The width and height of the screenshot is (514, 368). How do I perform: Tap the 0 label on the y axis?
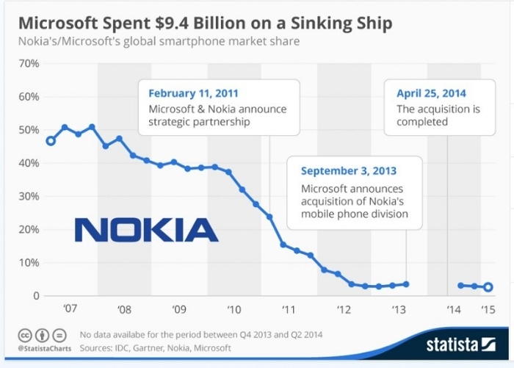[35, 296]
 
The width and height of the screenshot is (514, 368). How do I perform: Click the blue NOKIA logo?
[146, 230]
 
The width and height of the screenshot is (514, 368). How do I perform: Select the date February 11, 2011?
[193, 93]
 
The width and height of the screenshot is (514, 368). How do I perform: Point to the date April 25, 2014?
[431, 93]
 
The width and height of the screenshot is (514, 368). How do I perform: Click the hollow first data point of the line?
[50, 141]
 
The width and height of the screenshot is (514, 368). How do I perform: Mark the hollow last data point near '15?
[488, 287]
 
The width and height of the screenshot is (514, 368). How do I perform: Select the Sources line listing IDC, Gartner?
[155, 347]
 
